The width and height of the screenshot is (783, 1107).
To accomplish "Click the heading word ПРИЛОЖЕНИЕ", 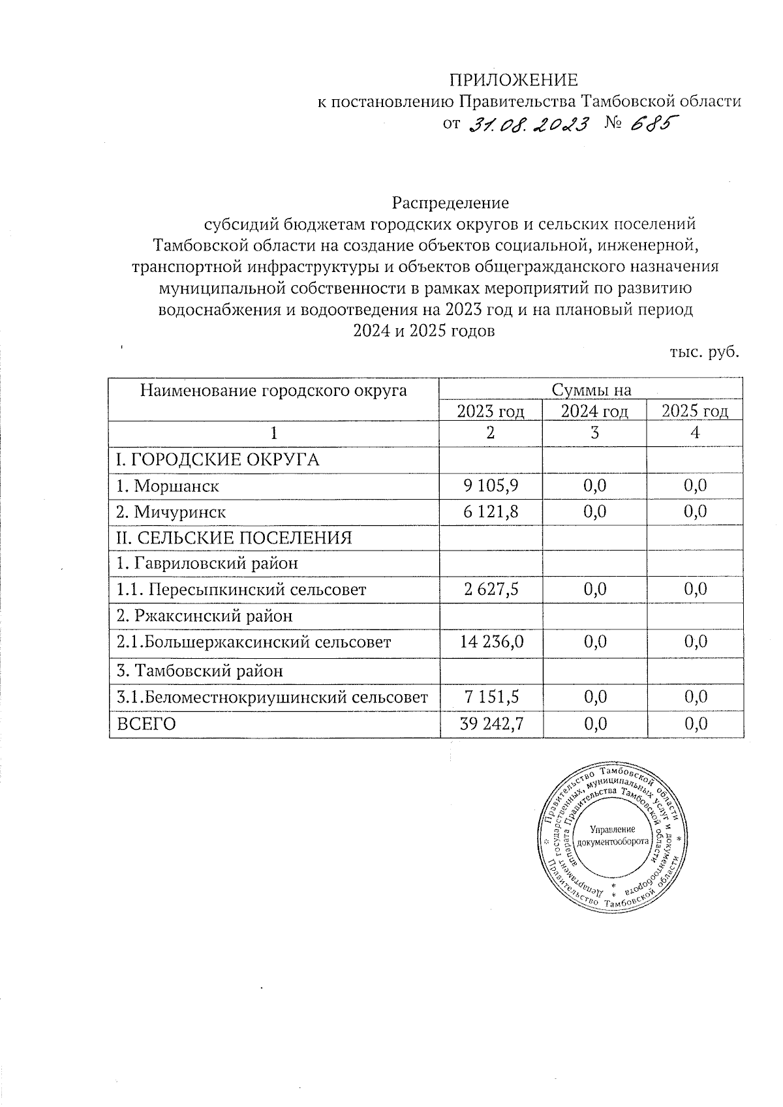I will [x=513, y=80].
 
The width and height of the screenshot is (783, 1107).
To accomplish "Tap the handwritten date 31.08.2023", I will [x=529, y=123].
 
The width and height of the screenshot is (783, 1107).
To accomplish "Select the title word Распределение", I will [x=450, y=203].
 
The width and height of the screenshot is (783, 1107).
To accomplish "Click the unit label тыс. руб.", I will [x=705, y=352].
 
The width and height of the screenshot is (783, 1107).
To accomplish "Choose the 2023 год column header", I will [x=491, y=411].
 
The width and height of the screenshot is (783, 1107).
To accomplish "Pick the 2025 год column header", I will [x=695, y=411].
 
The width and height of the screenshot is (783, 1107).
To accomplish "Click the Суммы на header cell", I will [x=592, y=390].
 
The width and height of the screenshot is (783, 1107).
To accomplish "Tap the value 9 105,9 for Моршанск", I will [x=491, y=486].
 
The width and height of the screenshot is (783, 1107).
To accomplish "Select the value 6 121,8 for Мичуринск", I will [x=491, y=512].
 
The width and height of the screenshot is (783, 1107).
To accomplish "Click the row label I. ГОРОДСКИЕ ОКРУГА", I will [x=217, y=460].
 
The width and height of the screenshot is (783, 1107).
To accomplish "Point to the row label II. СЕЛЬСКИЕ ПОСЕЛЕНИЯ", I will [x=234, y=538].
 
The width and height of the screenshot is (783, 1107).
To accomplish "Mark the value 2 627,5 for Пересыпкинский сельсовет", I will [x=491, y=590].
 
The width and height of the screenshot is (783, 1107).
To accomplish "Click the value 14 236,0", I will [x=491, y=642].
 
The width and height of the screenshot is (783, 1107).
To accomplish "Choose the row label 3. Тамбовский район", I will [x=200, y=671].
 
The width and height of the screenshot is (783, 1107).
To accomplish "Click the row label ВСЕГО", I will [x=146, y=724].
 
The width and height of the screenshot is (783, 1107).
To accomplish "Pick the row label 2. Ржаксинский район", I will [x=204, y=616].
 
